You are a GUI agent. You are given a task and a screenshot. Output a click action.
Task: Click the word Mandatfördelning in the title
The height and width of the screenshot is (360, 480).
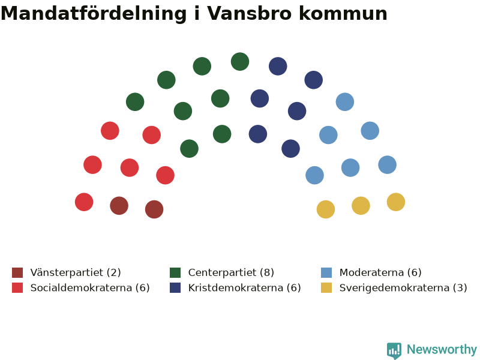(94, 13)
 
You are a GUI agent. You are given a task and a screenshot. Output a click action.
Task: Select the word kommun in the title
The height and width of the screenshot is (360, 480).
(343, 13)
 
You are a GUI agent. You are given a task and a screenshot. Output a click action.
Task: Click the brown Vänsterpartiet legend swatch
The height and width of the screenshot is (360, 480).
(17, 272)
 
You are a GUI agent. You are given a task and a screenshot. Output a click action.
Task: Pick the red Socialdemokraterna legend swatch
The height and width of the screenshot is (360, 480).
(17, 288)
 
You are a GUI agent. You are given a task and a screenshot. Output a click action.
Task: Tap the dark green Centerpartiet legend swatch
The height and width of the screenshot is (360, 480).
(175, 272)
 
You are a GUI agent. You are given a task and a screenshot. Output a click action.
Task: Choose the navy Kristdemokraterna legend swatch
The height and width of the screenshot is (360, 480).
(175, 288)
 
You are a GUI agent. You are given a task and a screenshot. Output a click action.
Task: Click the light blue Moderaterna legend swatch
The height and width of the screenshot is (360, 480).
(326, 272)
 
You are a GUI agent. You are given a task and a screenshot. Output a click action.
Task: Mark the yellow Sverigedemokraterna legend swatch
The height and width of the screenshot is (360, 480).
(326, 288)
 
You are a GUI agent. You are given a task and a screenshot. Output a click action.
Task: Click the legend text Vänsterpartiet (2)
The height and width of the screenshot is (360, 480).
(76, 272)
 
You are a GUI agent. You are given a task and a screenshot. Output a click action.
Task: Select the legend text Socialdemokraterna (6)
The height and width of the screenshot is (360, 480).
(90, 288)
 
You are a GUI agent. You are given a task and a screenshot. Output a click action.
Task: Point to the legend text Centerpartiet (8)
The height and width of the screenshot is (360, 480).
(231, 272)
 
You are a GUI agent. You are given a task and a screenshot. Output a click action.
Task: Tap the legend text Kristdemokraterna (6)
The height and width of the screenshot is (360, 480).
(245, 288)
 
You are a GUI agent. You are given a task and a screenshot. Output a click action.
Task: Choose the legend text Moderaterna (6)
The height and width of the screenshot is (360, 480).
(380, 272)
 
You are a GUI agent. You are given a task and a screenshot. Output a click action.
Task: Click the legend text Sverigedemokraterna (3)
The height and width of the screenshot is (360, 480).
(403, 288)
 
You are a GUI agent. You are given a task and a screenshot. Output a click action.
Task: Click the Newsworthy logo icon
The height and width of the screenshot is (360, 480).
(394, 350)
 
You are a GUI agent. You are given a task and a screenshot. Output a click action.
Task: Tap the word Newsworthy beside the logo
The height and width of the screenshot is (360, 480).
(442, 349)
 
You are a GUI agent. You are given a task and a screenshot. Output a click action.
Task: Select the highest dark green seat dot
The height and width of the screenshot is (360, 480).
(240, 62)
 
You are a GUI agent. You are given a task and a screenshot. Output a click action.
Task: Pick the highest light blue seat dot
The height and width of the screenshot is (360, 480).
(345, 101)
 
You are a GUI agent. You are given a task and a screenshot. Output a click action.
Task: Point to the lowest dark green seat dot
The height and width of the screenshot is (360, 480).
(189, 148)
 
